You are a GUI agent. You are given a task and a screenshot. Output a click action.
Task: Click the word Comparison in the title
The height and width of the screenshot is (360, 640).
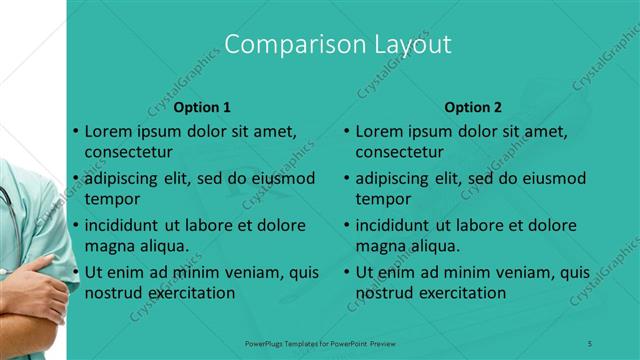pyautogui.click(x=283, y=45)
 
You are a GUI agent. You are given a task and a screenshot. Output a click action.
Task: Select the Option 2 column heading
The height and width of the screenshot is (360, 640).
pyautogui.click(x=473, y=107)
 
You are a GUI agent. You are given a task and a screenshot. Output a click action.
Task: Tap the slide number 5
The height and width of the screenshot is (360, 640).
pyautogui.click(x=590, y=343)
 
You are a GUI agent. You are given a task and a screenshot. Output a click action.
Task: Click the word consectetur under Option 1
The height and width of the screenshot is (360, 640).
pyautogui.click(x=128, y=152)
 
